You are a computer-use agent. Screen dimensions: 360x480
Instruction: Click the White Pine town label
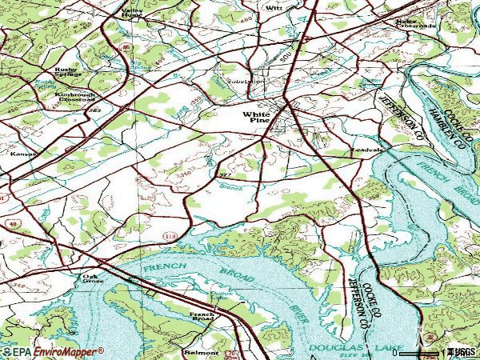click(x=258, y=119)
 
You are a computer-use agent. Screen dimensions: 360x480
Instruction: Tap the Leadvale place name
click(x=367, y=150)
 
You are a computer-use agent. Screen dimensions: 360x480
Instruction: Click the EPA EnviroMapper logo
click(x=52, y=351)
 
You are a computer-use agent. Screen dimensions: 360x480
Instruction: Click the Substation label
click(x=245, y=82)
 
